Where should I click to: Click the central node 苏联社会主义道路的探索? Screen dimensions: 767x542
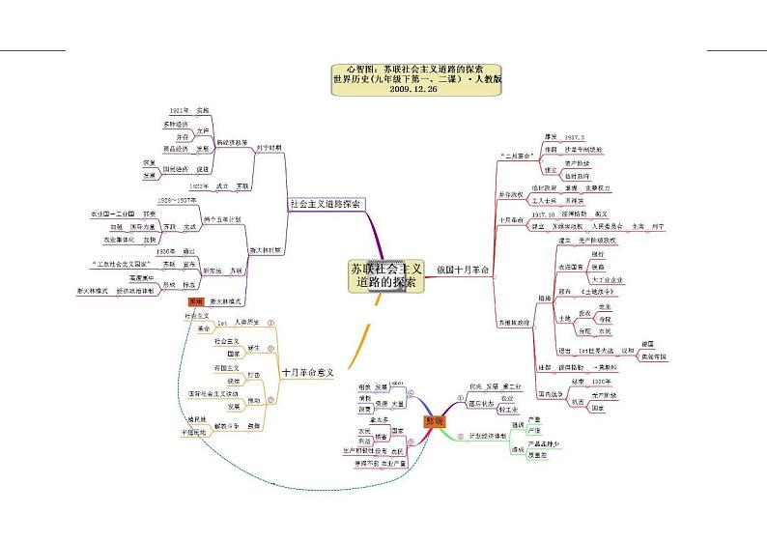tap(384, 275)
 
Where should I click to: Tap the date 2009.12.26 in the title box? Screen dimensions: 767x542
tap(416, 88)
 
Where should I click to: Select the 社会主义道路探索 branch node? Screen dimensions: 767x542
tap(326, 205)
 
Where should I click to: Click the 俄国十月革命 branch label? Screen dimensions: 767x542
tap(463, 268)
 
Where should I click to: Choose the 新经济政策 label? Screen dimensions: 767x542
tap(231, 141)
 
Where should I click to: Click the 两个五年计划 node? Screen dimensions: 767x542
tap(221, 218)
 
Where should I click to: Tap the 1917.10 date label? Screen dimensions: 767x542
tap(544, 214)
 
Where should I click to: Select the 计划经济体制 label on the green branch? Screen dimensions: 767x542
tap(487, 436)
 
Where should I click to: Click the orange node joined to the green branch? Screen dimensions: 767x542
tap(434, 422)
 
